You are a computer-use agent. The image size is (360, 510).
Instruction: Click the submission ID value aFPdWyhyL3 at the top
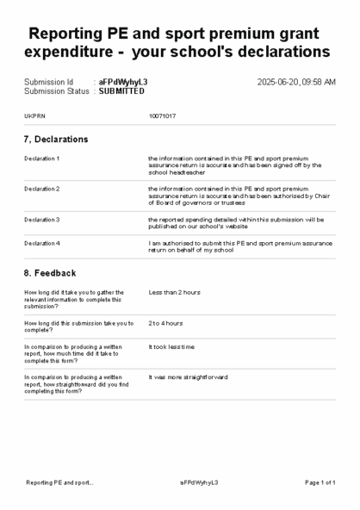123,82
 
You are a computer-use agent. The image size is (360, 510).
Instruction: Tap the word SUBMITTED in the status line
121,90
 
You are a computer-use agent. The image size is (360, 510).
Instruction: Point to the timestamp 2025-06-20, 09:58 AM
296,82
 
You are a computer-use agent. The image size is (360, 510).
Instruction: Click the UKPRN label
34,115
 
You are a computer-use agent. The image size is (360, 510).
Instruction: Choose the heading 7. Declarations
56,139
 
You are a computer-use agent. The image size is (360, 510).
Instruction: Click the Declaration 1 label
42,159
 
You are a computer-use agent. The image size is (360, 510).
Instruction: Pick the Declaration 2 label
42,188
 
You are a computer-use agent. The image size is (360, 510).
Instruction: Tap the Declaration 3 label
42,219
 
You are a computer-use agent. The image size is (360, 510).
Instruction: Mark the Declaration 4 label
42,244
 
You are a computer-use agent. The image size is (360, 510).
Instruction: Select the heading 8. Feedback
50,272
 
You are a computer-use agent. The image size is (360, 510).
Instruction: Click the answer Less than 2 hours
174,292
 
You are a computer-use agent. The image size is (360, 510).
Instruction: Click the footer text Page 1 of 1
320,482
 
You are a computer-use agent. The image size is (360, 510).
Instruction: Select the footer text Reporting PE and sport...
59,482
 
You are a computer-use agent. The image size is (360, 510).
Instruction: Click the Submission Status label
56,90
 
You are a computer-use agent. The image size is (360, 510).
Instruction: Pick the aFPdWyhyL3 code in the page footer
199,482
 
